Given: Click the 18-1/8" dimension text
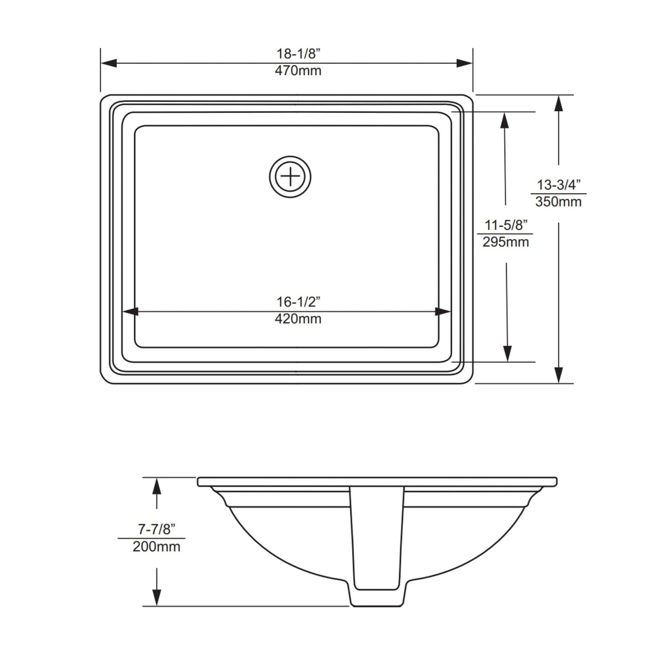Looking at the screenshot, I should point(299,54).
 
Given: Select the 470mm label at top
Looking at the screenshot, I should point(298,71).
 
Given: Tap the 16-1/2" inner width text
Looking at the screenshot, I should point(299,302).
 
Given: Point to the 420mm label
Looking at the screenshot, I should point(298,319).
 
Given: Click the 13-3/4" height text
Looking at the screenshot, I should point(558,185).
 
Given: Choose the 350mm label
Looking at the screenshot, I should point(558,202).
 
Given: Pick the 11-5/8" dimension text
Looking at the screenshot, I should point(506,225).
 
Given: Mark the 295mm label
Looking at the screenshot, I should point(506,242).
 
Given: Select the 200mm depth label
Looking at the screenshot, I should point(156,547).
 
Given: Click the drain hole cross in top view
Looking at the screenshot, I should point(290,177).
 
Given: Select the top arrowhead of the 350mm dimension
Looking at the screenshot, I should point(559,104).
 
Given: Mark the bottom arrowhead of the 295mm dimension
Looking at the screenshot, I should point(508,354).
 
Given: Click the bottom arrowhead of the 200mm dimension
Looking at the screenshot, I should point(157,597).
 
